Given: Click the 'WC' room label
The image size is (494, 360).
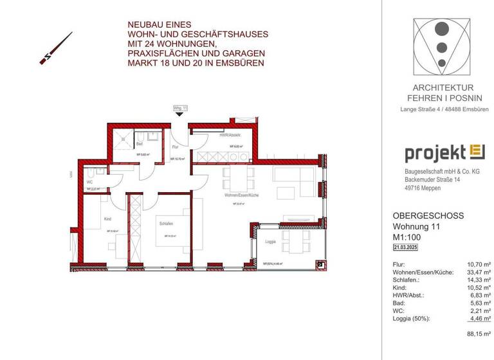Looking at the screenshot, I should [x=89, y=182].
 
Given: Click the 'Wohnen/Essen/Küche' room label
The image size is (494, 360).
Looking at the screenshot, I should [x=242, y=194].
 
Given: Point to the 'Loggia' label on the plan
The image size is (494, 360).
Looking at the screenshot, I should [x=270, y=242].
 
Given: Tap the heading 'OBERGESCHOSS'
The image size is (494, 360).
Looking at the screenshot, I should [x=428, y=216].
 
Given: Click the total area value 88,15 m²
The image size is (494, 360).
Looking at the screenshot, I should [x=479, y=333].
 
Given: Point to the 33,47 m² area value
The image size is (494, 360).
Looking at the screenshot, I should [x=479, y=273].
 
